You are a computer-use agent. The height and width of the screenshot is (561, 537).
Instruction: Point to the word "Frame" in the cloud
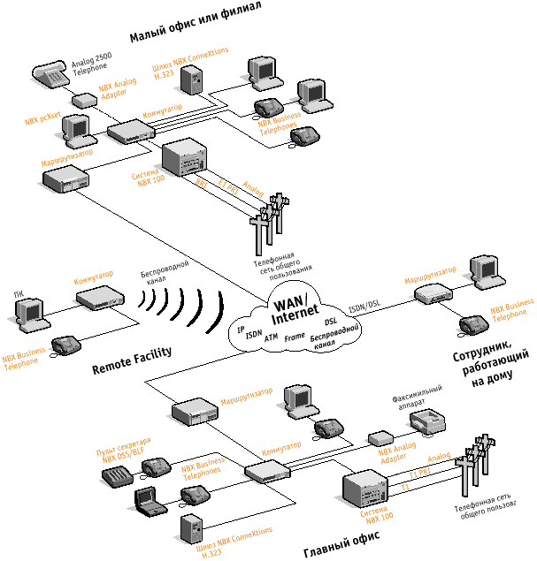point(295,337)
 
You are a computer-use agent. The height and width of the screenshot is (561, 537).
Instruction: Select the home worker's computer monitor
point(487,269)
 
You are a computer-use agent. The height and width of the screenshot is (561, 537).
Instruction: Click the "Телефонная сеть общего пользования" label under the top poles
point(282,262)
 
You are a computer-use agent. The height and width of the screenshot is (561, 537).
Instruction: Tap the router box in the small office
point(66,178)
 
